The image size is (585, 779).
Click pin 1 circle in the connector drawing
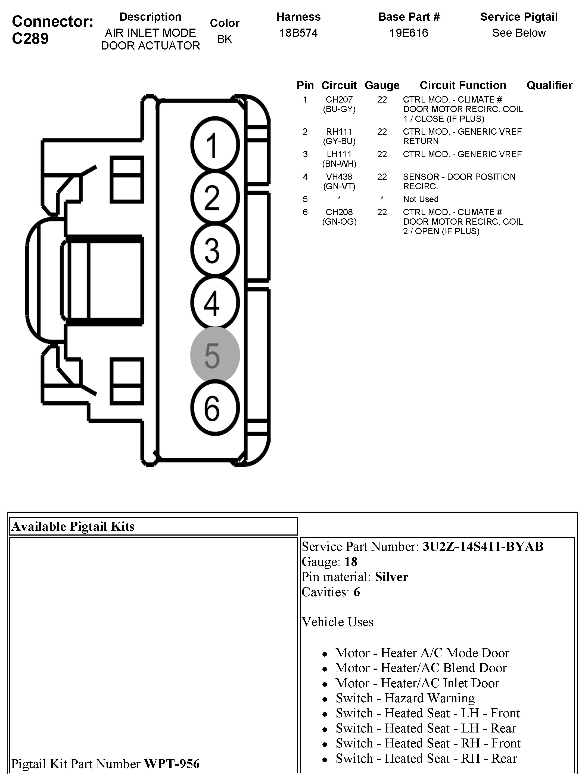(215, 145)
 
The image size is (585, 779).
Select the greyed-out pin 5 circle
(215, 355)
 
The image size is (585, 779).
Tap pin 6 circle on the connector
(215, 408)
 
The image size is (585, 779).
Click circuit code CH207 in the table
(339, 100)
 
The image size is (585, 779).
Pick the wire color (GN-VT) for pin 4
(339, 186)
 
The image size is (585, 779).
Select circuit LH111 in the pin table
(339, 154)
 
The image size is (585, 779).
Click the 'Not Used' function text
(421, 199)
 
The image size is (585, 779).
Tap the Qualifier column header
(549, 85)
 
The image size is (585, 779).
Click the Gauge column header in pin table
(382, 85)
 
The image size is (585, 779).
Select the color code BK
(225, 39)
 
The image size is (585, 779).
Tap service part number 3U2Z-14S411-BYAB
(483, 546)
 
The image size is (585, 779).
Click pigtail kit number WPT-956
(172, 764)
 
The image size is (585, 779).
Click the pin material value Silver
(391, 577)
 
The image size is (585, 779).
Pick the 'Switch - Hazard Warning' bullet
(405, 698)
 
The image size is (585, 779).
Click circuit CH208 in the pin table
(339, 212)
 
